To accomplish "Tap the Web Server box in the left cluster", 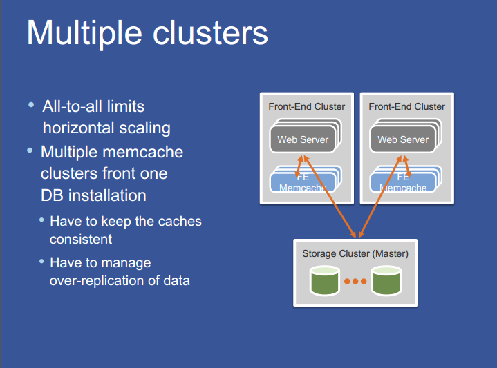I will (302, 139).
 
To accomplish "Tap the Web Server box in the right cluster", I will (402, 139).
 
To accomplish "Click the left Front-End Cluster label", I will (306, 106).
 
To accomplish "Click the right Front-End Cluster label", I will (406, 106).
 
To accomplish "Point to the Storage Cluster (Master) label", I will (355, 254).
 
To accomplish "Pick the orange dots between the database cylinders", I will (355, 282).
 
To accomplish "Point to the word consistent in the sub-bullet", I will (80, 240).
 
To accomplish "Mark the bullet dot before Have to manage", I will (41, 262).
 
